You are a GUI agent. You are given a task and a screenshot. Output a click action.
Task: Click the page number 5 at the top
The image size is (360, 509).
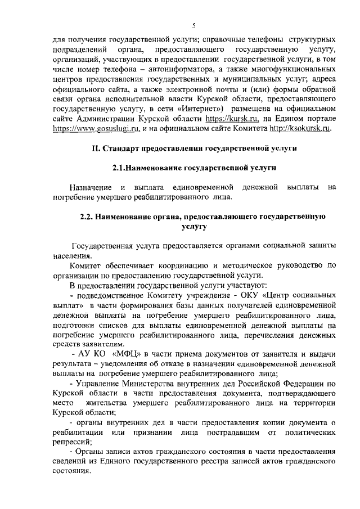point(193,25)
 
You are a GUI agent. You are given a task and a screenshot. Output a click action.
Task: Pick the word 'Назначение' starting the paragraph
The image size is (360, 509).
point(89,187)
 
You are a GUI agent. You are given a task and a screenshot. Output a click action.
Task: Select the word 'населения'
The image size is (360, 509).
point(71,254)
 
